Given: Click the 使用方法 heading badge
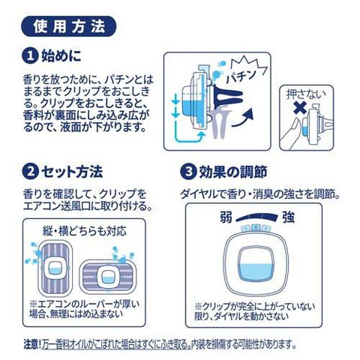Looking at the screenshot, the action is pos(69,26).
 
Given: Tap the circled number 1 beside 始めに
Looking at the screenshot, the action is pos(30,55).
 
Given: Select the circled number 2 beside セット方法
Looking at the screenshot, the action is pos(30,172).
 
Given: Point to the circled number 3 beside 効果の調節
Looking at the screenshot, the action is pos(187,172).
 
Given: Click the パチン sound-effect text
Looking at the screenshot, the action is pos(241,76).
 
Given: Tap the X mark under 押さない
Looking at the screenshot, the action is pos(301,108).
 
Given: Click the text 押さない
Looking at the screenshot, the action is pos(306,94).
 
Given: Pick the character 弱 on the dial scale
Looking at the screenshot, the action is pos(226,217).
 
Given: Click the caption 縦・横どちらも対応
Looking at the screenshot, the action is pos(85,231).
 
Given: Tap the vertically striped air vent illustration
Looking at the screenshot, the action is pos(55,268).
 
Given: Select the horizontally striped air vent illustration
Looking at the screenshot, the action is pos(108,276).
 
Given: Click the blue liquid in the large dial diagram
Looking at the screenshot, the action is pos(256,272).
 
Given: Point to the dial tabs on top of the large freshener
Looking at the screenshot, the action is pos(256,228).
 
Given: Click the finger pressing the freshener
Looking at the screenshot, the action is pos(292,133).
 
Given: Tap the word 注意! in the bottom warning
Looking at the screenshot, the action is pos(32,345).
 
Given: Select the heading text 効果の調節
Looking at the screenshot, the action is pos(233,172).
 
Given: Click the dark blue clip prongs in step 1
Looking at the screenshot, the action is pos(228,97).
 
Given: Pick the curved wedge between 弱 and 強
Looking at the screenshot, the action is pos(256,217).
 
